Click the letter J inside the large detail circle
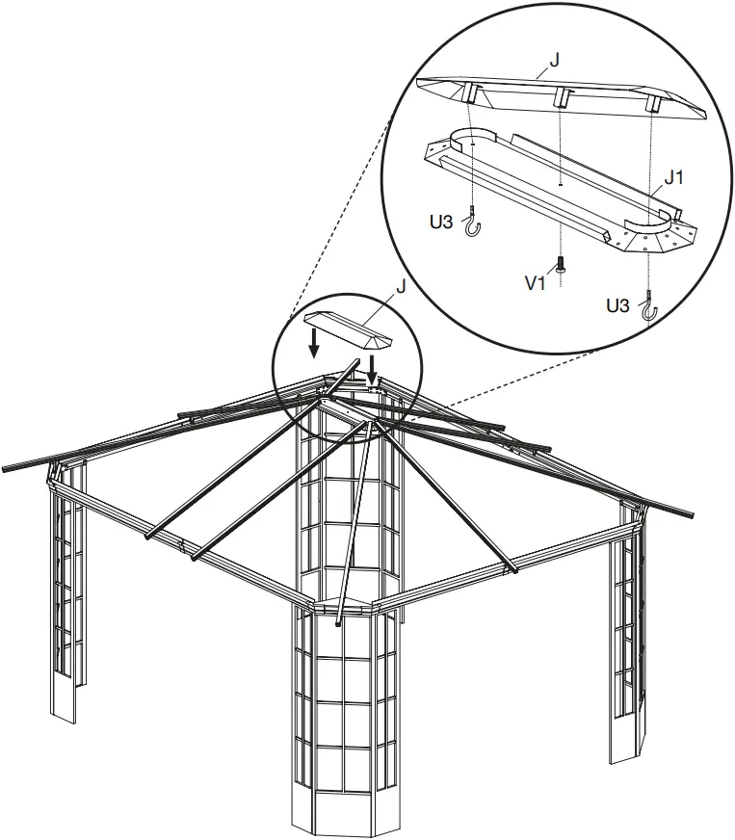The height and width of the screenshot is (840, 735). coord(554,61)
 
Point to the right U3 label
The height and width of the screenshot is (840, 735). coord(617,305)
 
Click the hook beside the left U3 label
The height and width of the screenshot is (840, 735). coord(472,225)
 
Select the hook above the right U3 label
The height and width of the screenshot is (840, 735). coord(652,305)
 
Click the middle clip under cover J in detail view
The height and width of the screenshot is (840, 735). coord(560,96)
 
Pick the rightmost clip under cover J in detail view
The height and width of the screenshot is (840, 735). coord(652,101)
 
